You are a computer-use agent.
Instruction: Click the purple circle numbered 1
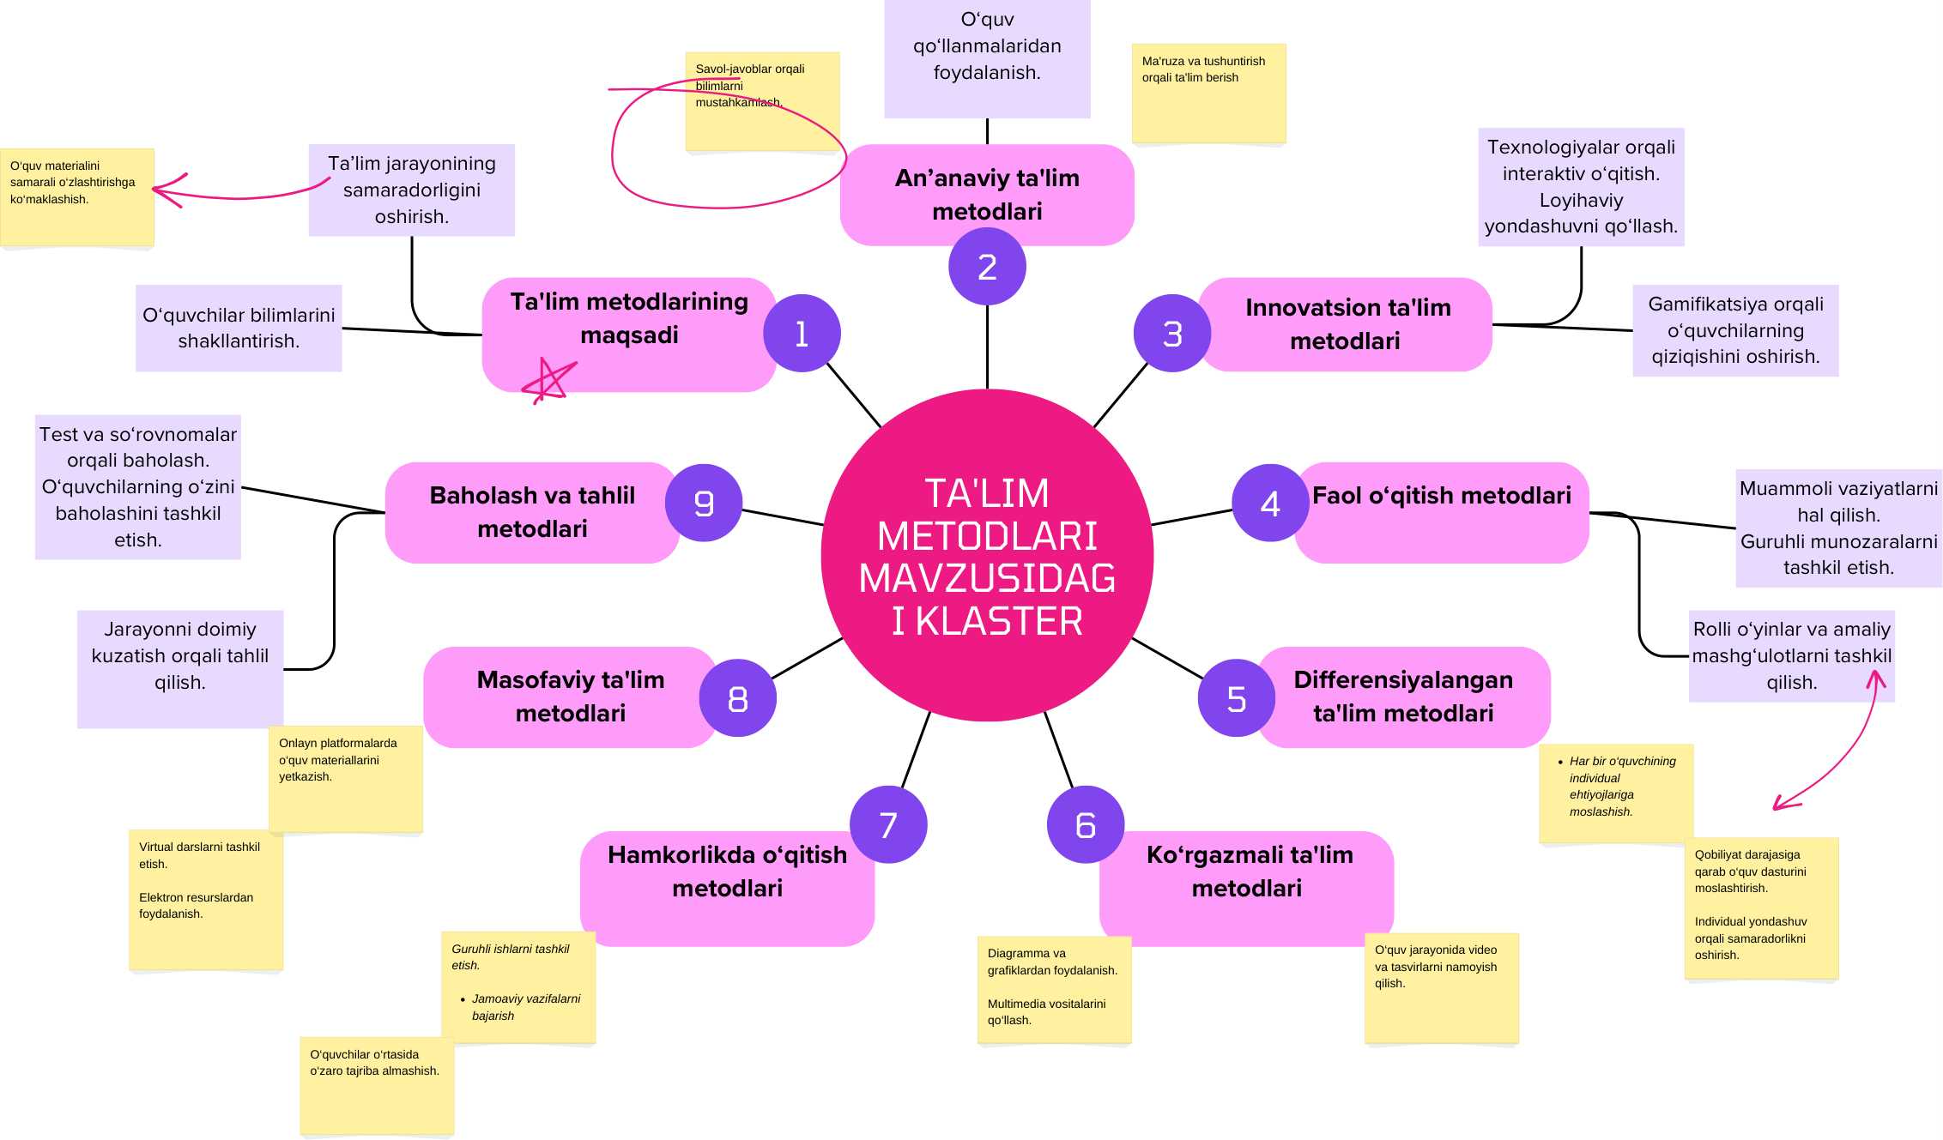coord(802,333)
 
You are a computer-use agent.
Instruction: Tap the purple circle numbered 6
coord(1086,824)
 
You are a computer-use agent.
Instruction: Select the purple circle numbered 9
coord(704,503)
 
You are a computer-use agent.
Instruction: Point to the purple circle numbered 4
coord(1270,503)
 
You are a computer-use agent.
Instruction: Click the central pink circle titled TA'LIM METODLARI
coord(987,556)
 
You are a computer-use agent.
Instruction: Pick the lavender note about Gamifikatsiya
coord(1735,330)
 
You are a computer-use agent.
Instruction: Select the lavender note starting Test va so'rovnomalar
coord(138,487)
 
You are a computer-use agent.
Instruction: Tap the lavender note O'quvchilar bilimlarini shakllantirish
coord(239,328)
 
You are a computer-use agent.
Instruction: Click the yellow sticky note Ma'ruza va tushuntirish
coord(1208,93)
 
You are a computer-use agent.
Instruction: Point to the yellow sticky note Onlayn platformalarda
coord(346,779)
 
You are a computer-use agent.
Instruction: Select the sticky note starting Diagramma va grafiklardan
coord(1054,989)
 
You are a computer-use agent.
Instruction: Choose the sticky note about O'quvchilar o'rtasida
coord(377,1085)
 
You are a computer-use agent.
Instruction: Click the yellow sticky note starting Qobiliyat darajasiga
coord(1761,908)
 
